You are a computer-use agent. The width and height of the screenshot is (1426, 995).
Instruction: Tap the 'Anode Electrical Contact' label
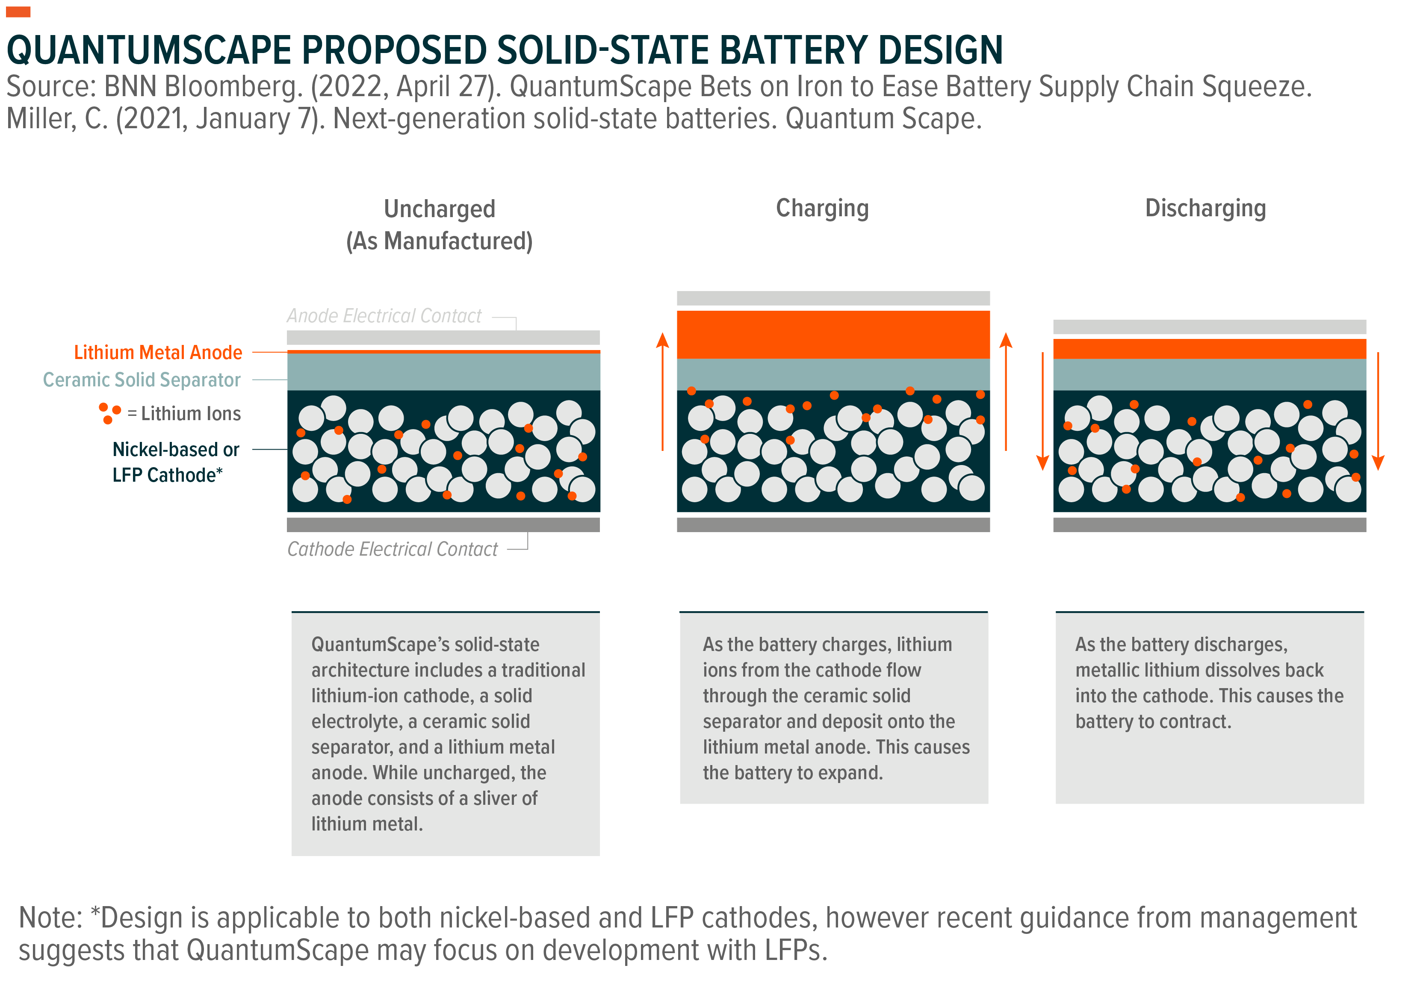pyautogui.click(x=384, y=316)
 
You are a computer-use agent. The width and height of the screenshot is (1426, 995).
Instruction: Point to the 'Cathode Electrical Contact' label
pyautogui.click(x=392, y=549)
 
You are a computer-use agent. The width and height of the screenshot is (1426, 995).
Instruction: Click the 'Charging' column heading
pyautogui.click(x=822, y=209)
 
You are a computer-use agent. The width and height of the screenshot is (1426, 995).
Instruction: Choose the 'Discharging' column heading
pyautogui.click(x=1205, y=209)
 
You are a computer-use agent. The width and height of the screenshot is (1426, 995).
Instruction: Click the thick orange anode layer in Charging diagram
pyautogui.click(x=833, y=335)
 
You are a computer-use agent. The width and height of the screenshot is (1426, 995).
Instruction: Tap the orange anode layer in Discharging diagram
pyautogui.click(x=1209, y=349)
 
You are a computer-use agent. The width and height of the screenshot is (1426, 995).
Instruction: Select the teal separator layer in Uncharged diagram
pyautogui.click(x=443, y=372)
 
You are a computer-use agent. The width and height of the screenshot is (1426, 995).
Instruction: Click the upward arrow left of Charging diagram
pyautogui.click(x=663, y=392)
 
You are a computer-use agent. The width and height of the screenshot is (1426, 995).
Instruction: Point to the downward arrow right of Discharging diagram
pyautogui.click(x=1378, y=411)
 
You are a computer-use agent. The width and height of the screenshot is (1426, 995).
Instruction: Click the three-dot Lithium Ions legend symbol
pyautogui.click(x=109, y=413)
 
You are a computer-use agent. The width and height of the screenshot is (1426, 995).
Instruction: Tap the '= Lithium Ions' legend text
pyautogui.click(x=184, y=413)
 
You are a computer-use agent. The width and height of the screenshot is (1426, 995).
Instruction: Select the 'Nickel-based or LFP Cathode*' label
pyautogui.click(x=176, y=462)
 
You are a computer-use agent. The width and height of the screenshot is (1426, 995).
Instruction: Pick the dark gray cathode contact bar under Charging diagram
pyautogui.click(x=833, y=524)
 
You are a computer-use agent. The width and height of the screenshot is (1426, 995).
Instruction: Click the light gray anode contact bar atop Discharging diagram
pyautogui.click(x=1209, y=327)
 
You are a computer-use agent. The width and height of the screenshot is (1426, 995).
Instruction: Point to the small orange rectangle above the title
pyautogui.click(x=18, y=12)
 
